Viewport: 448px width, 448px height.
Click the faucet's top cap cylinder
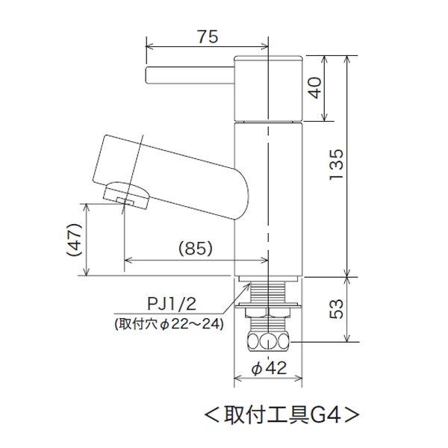tap(267, 88)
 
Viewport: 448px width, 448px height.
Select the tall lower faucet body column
tap(267, 198)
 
